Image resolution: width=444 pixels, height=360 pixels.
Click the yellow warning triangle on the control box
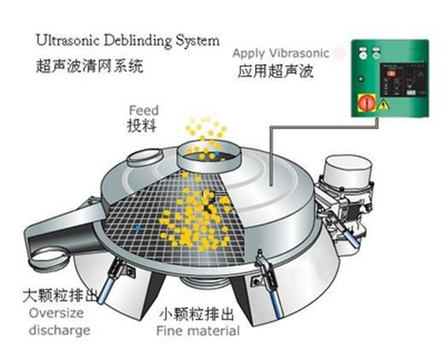384,107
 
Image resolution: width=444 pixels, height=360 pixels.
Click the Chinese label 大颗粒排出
61,297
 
